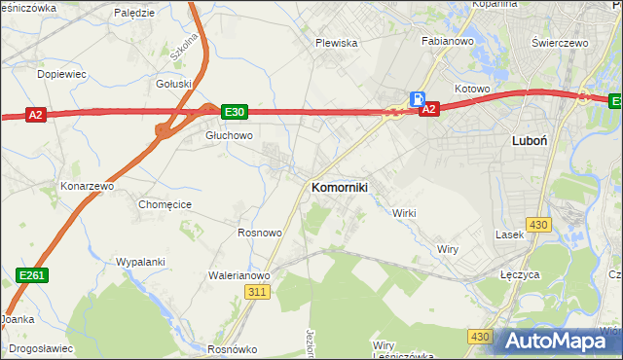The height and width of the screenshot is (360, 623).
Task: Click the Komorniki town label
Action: tap(339, 187)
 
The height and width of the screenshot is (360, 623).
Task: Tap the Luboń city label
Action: tap(530, 140)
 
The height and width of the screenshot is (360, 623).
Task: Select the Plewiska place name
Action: tap(337, 43)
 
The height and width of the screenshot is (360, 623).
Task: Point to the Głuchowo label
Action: tap(229, 135)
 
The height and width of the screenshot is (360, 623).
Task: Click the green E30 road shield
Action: tap(234, 112)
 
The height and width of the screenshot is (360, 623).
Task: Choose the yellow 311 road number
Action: tap(257, 292)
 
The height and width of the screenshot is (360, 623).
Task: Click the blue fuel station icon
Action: tap(418, 98)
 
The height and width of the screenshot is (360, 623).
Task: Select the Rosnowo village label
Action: tap(260, 234)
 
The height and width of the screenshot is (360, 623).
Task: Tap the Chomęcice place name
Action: tap(165, 204)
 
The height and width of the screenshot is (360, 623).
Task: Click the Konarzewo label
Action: tap(88, 185)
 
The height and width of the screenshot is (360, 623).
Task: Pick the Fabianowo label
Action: tap(446, 42)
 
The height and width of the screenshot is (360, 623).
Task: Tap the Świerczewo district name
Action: tap(563, 44)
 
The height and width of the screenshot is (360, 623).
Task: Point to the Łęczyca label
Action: tap(520, 274)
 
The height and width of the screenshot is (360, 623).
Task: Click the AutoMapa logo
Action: tap(560, 340)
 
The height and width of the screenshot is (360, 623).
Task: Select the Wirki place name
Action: tap(404, 212)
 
